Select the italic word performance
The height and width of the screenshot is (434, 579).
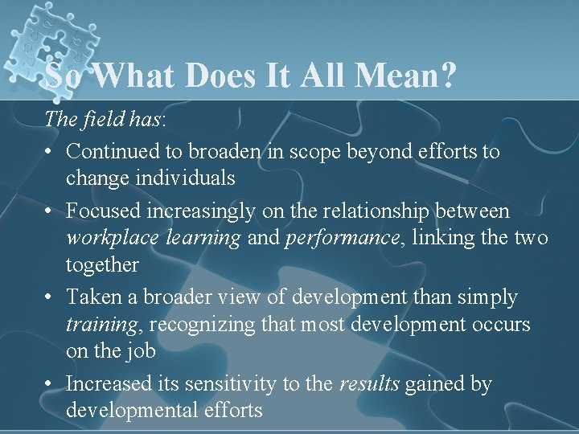331,238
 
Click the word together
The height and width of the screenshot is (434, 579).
102,264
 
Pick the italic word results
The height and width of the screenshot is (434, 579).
368,384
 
